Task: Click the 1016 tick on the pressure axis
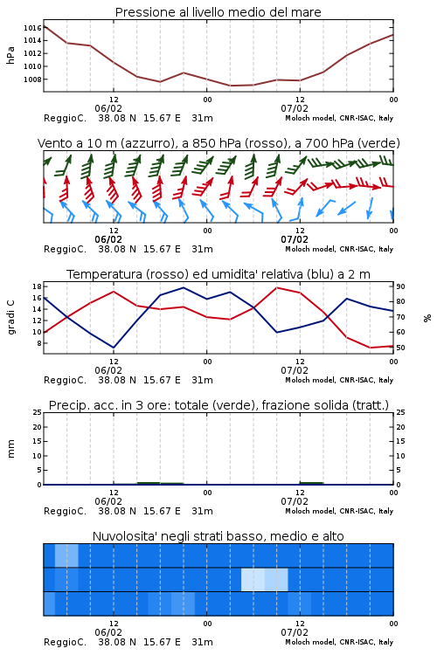(x=32, y=28)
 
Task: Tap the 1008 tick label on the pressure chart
(x=32, y=79)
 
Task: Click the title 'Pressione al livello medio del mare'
(x=218, y=12)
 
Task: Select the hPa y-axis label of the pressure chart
(x=10, y=55)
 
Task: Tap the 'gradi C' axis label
(x=11, y=317)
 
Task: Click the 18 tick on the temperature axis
(x=37, y=286)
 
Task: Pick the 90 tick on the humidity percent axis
(x=400, y=286)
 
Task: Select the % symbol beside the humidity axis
(x=427, y=318)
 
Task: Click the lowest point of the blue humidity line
(x=114, y=348)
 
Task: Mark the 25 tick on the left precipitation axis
(x=38, y=412)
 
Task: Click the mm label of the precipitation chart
(x=10, y=449)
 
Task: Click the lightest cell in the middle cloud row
(x=253, y=579)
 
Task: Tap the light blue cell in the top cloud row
(x=66, y=555)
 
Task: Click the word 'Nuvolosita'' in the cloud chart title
(x=125, y=536)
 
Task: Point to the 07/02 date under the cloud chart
(x=295, y=632)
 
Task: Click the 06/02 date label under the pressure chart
(x=108, y=108)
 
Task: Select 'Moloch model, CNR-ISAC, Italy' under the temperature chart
(x=339, y=380)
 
